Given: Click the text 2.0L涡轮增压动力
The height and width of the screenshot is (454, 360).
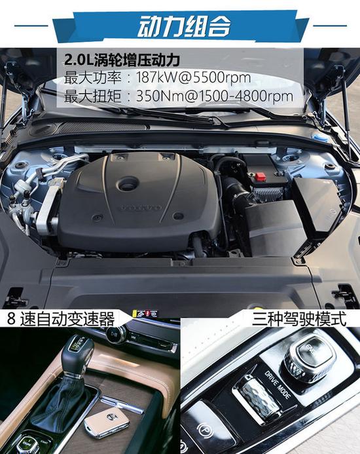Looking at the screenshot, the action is [122, 60].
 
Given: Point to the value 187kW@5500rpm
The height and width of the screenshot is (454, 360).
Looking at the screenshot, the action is [193, 77].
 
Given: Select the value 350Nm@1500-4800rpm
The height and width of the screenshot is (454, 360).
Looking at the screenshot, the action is [215, 96].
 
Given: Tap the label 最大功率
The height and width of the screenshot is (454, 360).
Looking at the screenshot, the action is [92, 77].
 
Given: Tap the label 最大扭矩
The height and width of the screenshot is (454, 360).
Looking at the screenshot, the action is [92, 96].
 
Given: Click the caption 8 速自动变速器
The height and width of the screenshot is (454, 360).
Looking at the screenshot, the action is [61, 319].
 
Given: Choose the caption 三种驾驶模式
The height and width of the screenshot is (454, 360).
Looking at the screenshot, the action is [299, 319].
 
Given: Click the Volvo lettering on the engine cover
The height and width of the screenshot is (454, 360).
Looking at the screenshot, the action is [141, 207].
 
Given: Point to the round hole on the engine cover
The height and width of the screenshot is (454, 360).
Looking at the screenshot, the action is [128, 183].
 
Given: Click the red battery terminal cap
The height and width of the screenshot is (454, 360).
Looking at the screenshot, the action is [260, 176].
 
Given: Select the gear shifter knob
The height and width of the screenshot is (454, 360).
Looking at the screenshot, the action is [77, 355].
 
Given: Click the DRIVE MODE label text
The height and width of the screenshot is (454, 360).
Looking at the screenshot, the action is [277, 385].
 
